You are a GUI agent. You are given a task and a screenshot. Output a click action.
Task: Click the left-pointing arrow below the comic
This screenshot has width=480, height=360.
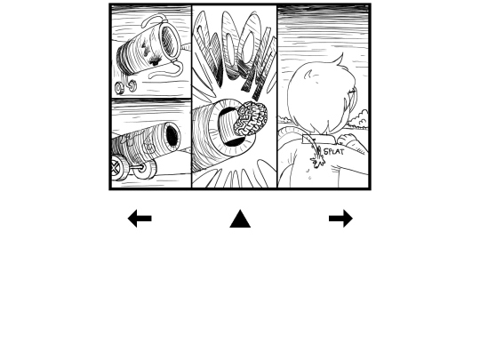click(x=140, y=219)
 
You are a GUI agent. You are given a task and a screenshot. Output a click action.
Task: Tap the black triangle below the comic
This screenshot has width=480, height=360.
click(x=240, y=219)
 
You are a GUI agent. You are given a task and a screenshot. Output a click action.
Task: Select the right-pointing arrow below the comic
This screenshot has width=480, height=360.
click(x=341, y=219)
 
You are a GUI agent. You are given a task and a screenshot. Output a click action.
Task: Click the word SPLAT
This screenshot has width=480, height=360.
click(x=333, y=151)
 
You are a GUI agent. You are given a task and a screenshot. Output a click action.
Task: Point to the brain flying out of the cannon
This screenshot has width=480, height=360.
click(x=251, y=119)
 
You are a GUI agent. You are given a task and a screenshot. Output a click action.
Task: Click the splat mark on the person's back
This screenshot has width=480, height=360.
click(x=317, y=157)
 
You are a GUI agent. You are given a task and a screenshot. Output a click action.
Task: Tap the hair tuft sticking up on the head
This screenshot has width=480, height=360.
click(x=340, y=60)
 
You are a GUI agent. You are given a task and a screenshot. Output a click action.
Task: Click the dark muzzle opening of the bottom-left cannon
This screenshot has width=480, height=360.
click(x=172, y=136)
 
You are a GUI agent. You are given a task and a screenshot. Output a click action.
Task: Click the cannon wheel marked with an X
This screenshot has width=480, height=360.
click(x=116, y=167)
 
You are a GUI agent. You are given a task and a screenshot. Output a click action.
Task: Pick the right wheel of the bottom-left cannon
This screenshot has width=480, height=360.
click(x=147, y=169)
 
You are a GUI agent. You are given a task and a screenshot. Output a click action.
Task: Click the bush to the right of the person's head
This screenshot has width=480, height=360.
click(x=358, y=120)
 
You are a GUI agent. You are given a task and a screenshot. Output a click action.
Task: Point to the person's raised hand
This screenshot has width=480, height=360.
click(x=346, y=140)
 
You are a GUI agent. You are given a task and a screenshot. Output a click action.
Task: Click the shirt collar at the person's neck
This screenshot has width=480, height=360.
click(x=318, y=139)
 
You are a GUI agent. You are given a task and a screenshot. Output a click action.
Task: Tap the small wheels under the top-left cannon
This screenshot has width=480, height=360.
click(x=125, y=86)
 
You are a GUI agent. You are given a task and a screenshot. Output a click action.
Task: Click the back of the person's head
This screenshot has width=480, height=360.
click(x=318, y=98)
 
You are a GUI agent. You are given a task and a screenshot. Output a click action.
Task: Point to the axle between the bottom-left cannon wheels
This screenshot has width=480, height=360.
click(x=135, y=167)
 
